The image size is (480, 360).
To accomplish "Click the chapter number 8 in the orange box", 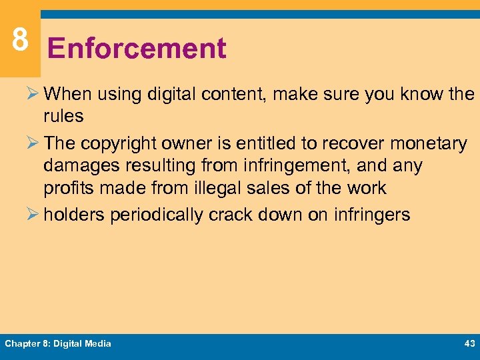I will [20, 39].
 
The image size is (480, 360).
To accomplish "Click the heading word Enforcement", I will [137, 49].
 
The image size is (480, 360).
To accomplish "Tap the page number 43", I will [468, 343].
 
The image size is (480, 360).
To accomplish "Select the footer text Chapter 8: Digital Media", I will [58, 343].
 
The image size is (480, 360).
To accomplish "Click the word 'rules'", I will [63, 116].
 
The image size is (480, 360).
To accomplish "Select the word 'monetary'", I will [429, 143].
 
